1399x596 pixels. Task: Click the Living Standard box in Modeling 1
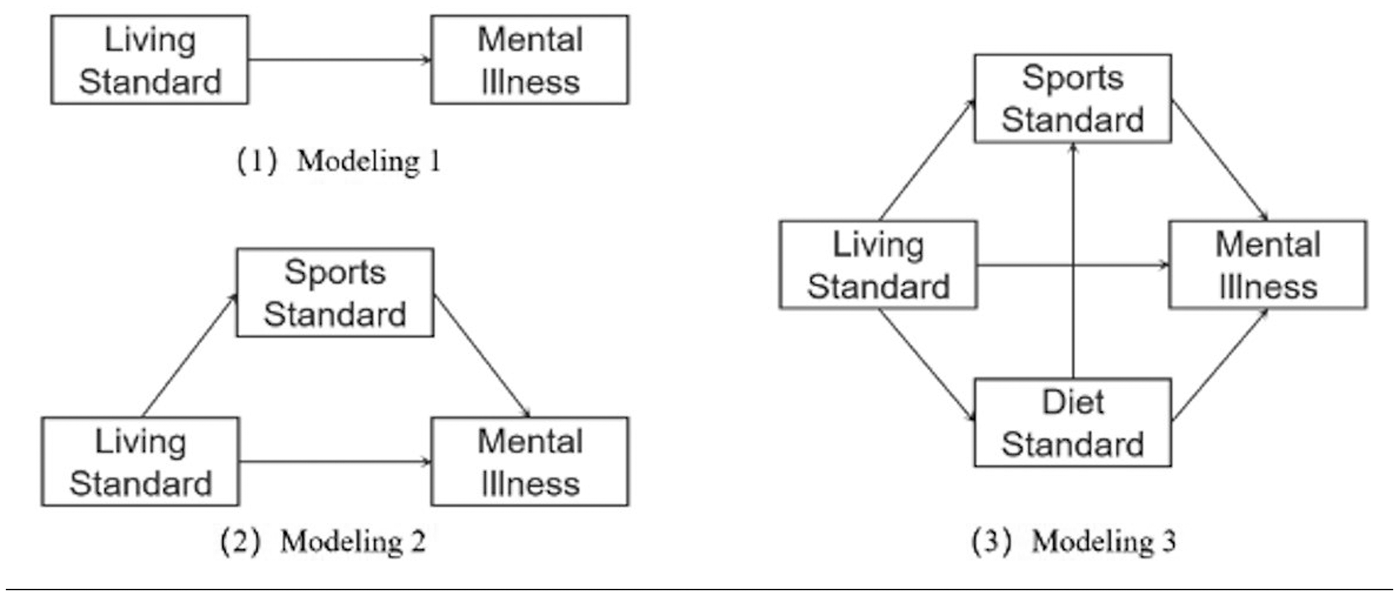coord(149,60)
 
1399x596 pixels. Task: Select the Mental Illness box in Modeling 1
coord(529,60)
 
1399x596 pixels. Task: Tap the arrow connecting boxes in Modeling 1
coord(340,59)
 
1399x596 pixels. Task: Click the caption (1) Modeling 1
coord(339,162)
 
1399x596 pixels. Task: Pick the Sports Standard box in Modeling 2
coord(335,292)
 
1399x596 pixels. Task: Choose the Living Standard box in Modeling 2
coord(140,461)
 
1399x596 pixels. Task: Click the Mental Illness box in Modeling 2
coord(529,461)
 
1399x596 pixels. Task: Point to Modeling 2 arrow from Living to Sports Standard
coord(190,356)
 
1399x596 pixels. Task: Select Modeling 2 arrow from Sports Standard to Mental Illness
coord(482,356)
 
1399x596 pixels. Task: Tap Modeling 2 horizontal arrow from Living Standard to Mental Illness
coord(335,461)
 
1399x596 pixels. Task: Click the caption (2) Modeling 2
coord(323,542)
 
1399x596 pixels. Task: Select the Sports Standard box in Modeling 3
coord(1072,98)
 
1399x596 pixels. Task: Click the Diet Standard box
coord(1072,423)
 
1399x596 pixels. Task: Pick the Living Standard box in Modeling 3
coord(878,264)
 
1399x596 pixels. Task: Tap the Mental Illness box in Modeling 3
coord(1267,264)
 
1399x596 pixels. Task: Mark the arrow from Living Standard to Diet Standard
coord(927,364)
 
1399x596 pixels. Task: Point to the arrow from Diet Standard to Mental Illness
coord(1220,364)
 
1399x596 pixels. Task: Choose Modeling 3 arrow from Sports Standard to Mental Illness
coord(1220,160)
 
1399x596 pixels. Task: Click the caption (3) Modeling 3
coord(1073,541)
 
